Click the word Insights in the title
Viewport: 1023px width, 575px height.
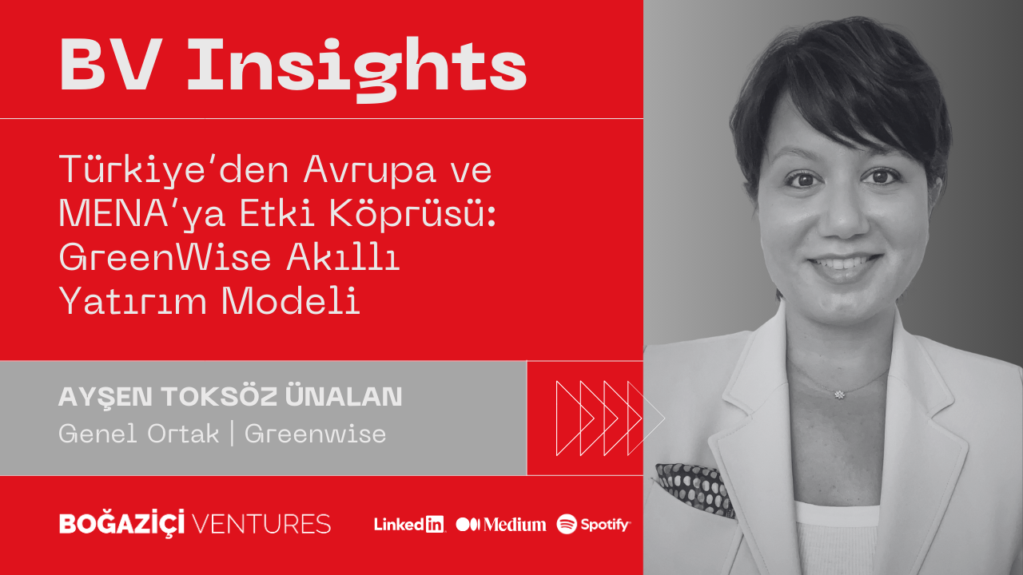click(x=357, y=69)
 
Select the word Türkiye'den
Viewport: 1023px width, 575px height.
click(x=174, y=171)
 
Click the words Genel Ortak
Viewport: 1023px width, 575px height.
click(x=139, y=434)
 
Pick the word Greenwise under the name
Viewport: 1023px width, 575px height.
click(x=315, y=434)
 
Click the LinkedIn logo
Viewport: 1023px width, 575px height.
click(x=409, y=525)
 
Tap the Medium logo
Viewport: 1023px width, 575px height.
click(x=501, y=525)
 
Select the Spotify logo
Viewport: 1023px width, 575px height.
click(x=593, y=525)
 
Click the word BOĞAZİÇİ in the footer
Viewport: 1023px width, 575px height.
click(x=122, y=523)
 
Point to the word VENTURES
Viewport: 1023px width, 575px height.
click(x=261, y=524)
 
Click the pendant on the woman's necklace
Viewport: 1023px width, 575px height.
click(x=839, y=395)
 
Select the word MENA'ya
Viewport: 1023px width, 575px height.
click(x=142, y=214)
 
